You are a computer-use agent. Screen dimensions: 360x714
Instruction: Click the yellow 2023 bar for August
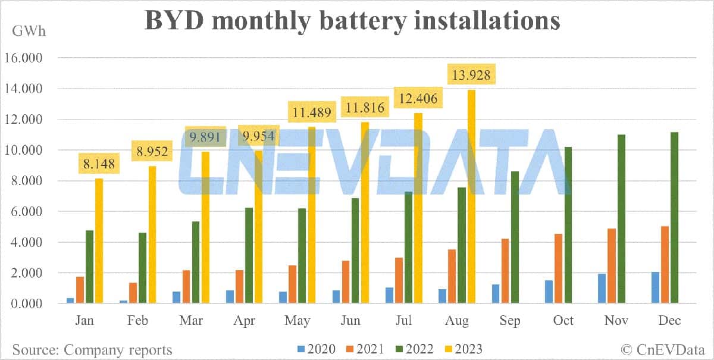[x=471, y=196]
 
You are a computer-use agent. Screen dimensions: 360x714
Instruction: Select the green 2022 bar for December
[x=675, y=218]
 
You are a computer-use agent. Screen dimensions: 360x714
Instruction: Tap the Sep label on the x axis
[x=510, y=321]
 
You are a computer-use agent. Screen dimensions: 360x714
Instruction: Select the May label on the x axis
[x=297, y=321]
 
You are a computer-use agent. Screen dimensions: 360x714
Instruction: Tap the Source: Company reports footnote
[x=92, y=349]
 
